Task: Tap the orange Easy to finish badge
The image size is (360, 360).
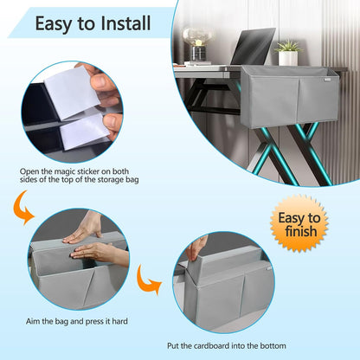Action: coord(299,224)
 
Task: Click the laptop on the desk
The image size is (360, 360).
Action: coord(253,46)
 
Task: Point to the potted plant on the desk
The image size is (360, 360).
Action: coord(288,53)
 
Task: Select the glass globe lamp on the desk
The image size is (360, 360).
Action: coord(198,44)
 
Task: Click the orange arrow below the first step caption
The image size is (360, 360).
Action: coord(22,207)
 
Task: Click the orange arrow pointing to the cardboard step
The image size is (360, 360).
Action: coord(148,280)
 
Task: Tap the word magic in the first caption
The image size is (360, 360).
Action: coord(64,171)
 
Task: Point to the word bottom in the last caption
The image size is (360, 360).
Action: coord(273,345)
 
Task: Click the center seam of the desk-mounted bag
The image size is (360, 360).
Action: coord(299,100)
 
